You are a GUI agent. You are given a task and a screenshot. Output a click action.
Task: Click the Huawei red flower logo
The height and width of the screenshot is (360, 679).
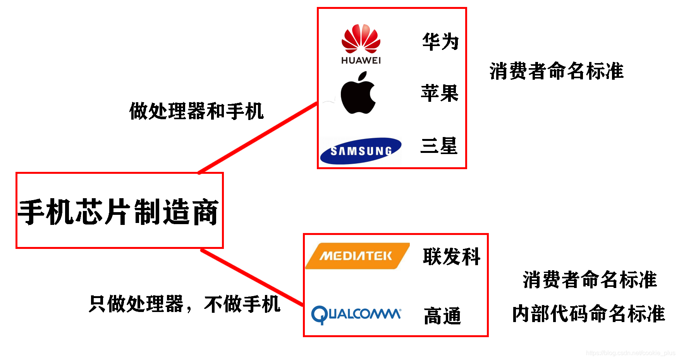[361, 39]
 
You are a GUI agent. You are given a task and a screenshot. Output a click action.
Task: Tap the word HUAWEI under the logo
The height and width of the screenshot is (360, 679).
[361, 60]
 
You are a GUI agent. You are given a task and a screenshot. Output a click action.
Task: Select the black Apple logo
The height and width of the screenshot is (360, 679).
[358, 94]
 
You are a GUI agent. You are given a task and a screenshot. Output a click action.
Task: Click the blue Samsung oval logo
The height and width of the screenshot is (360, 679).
[361, 151]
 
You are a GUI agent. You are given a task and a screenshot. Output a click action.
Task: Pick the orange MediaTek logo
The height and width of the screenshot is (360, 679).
[357, 256]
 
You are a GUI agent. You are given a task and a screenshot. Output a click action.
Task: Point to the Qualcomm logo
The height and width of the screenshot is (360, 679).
[356, 314]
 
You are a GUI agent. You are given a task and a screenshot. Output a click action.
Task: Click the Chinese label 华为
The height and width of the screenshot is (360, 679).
[440, 41]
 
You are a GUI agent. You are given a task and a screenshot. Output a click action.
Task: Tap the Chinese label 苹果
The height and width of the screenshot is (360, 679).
[440, 93]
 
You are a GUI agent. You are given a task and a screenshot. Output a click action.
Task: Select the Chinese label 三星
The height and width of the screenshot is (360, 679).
[439, 146]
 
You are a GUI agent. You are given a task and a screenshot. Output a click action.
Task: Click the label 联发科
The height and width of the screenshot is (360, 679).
[452, 256]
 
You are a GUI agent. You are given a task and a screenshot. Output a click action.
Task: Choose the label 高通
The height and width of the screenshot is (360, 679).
[442, 315]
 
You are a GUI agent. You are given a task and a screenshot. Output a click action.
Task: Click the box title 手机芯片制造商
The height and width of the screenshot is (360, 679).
[119, 212]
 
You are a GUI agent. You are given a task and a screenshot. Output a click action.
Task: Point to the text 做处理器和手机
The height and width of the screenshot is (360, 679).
[196, 111]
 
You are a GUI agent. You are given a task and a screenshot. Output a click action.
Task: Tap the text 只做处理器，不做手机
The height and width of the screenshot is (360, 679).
[184, 304]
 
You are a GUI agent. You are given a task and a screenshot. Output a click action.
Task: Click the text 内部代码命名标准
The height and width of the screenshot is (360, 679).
[588, 313]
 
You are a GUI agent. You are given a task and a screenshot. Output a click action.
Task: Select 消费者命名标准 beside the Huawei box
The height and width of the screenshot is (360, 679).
[557, 71]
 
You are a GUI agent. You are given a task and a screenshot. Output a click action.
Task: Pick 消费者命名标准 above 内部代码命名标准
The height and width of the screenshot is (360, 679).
[590, 279]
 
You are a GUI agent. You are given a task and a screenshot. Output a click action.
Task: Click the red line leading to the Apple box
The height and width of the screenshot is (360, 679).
[258, 138]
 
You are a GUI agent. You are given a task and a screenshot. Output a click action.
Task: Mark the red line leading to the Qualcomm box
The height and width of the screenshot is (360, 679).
[252, 278]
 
